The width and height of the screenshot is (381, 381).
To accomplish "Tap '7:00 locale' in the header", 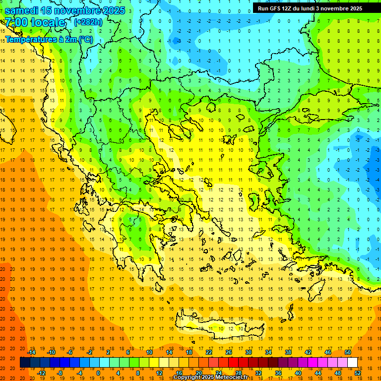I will (35, 22).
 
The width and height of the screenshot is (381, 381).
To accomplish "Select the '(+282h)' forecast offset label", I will (88, 22).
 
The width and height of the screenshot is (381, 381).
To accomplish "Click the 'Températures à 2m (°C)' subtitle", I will (49, 39).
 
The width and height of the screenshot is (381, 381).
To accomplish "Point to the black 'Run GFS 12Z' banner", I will (310, 8).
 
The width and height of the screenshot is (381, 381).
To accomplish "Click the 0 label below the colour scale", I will (99, 373).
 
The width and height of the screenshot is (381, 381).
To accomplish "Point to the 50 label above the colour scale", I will (347, 352).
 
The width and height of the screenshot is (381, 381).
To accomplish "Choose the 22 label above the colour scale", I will (208, 352).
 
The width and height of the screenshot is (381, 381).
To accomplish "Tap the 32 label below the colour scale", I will (258, 373).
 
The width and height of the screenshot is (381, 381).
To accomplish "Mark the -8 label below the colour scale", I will (60, 373).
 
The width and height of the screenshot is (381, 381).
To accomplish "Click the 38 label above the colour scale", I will (288, 352).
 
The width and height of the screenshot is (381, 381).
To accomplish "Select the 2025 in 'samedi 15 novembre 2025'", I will (112, 10).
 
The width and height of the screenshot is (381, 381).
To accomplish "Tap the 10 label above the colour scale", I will (149, 352).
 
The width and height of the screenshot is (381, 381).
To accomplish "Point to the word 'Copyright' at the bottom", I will (187, 378).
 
